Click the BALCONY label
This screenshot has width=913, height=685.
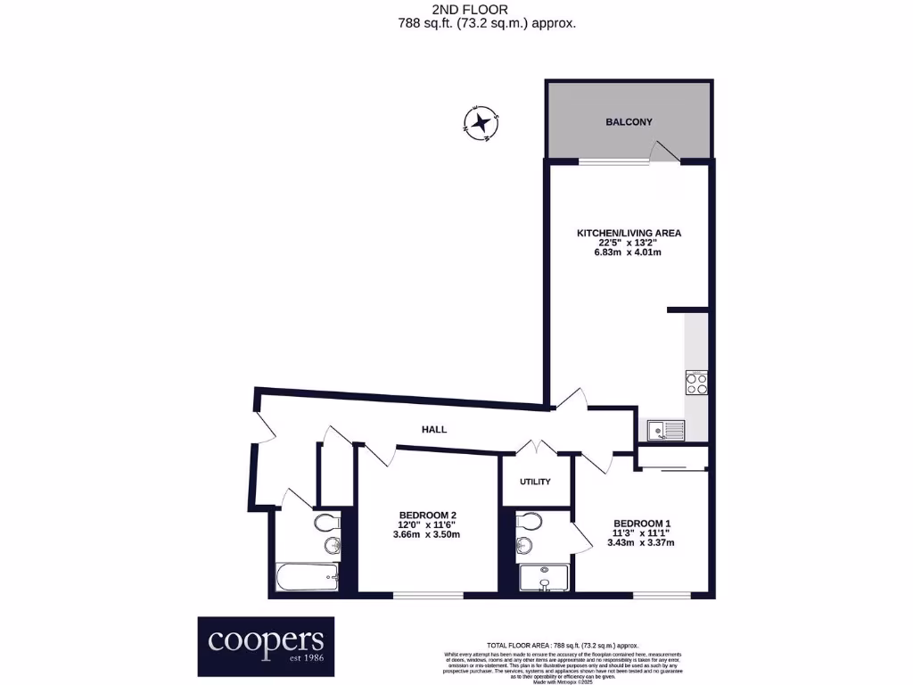(629, 122)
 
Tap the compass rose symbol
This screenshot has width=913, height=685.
(482, 122)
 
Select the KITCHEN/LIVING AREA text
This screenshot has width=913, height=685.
(629, 233)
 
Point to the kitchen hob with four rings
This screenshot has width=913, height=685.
(696, 383)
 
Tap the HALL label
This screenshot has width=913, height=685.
(434, 429)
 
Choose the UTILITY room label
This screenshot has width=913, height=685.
(535, 482)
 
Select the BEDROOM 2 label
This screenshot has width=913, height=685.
(428, 515)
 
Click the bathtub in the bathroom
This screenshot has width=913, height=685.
(307, 577)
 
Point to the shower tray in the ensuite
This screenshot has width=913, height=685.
(544, 577)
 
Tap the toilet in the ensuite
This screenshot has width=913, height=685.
(530, 521)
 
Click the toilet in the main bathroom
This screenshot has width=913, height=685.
(326, 521)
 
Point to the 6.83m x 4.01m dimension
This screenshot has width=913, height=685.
(629, 252)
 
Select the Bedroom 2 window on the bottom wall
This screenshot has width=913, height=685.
(428, 596)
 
